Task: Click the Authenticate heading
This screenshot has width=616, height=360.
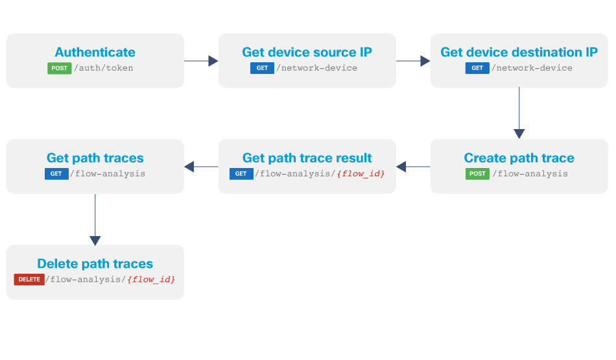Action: [x=95, y=53]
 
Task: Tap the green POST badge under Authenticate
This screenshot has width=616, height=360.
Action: [x=59, y=68]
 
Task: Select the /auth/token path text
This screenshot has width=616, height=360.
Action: [x=104, y=68]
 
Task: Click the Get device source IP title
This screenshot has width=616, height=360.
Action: [x=307, y=53]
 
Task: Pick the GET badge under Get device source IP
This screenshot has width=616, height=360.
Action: [x=262, y=68]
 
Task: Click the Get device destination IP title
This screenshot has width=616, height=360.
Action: [x=519, y=53]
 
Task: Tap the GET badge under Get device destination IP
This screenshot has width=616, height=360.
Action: [x=477, y=68]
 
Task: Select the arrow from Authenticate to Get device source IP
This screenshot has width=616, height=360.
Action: [x=201, y=61]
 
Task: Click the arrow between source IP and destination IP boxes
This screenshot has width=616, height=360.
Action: [x=413, y=61]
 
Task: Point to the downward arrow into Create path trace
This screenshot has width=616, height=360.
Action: [x=519, y=113]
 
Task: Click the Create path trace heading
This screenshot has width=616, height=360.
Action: [x=519, y=158]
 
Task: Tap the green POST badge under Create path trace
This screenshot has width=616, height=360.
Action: [x=477, y=174]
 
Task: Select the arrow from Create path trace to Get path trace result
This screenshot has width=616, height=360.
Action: [x=413, y=167]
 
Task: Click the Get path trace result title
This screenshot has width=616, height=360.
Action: [x=307, y=158]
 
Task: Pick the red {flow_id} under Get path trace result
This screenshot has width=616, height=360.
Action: [x=361, y=174]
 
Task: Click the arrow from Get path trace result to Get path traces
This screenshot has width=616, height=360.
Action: [x=201, y=167]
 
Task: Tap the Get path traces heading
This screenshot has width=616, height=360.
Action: [x=95, y=158]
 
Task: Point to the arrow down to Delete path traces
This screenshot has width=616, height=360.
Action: [x=95, y=219]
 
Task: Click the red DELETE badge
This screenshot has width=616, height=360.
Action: [x=29, y=280]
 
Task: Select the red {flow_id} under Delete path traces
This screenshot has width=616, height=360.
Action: [x=151, y=280]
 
